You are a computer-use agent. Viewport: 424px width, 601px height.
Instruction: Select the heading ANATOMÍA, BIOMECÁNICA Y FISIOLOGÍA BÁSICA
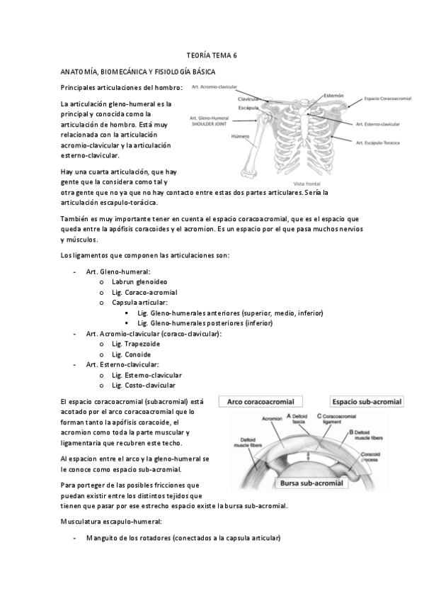tap(138, 72)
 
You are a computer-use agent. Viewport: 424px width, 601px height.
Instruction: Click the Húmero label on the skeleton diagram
tap(241, 136)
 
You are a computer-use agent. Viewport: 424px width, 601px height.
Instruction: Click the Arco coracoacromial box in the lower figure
tap(260, 402)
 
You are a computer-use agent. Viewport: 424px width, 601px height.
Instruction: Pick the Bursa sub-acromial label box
tap(309, 484)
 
